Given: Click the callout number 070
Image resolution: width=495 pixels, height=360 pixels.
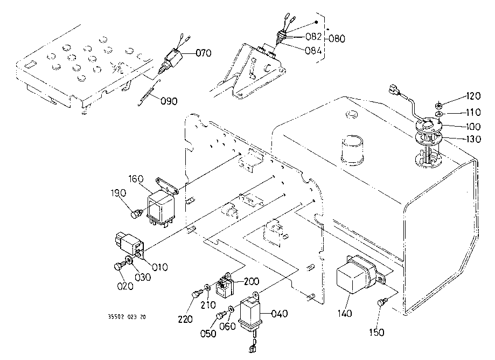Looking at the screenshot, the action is point(203,53).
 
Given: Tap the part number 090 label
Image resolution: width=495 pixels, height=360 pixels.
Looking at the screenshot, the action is point(169,101).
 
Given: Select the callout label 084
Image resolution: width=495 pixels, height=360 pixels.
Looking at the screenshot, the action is point(313,51).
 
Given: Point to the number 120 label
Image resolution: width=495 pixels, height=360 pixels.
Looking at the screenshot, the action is point(473,96).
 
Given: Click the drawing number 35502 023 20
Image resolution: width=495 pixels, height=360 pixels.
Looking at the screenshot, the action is point(127,317).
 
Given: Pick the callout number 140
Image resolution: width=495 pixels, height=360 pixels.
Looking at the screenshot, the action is point(344,313).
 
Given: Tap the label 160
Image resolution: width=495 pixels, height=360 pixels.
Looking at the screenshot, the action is point(136,179).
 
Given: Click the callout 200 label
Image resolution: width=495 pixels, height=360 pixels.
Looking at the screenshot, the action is point(252,281).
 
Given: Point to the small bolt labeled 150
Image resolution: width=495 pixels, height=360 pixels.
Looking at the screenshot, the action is point(381,302).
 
